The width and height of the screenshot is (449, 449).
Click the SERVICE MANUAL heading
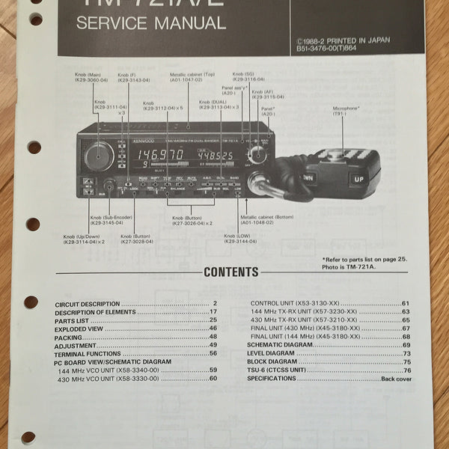coord(151,22)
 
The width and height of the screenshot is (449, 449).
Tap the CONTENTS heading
coord(231,272)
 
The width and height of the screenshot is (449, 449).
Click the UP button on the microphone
coord(358,180)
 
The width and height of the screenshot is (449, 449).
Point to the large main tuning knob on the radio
coord(100,156)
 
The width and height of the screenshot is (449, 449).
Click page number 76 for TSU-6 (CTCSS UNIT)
coord(407,370)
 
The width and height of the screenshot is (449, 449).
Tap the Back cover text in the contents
coord(394,379)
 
